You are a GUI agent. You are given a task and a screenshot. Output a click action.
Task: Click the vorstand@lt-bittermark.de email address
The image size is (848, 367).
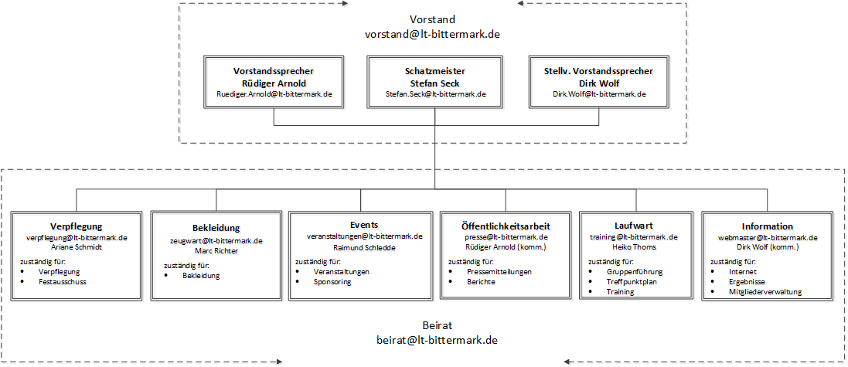click(432, 34)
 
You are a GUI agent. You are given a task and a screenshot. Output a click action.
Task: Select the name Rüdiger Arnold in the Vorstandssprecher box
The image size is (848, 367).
click(274, 83)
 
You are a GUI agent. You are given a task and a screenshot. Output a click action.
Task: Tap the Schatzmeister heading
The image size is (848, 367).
click(434, 71)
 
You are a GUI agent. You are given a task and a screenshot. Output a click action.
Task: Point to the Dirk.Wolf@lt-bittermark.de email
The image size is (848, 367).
click(598, 93)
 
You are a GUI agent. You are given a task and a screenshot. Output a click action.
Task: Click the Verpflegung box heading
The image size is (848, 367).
click(77, 226)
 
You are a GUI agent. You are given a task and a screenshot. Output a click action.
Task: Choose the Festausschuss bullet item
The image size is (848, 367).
click(62, 281)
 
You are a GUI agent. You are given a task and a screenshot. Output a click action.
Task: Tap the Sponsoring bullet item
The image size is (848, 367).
click(332, 281)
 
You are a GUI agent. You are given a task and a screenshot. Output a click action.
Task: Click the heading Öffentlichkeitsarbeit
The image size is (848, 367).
click(506, 226)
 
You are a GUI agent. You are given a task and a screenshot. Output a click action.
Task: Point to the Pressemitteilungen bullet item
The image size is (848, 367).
click(499, 272)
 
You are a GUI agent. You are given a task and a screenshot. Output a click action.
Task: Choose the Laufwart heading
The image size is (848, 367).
click(633, 226)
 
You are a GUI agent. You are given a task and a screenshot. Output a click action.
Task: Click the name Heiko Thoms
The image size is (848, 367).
click(633, 247)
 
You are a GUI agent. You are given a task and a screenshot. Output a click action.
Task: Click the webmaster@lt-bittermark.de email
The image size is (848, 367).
click(768, 237)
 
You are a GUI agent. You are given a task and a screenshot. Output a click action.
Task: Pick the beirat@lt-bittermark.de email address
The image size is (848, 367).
click(437, 341)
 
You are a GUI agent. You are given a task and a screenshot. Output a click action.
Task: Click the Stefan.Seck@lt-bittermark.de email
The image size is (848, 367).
click(435, 93)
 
